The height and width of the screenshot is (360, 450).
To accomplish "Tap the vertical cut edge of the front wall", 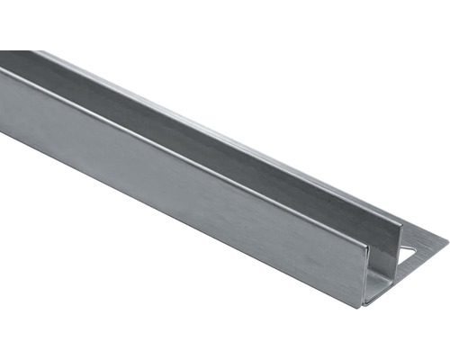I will tap(364, 270).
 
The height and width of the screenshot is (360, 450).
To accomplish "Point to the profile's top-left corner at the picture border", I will tap(1, 51).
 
